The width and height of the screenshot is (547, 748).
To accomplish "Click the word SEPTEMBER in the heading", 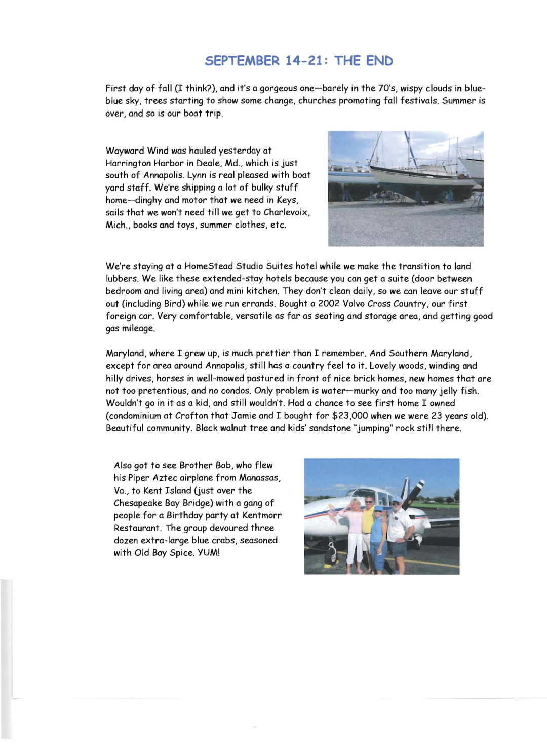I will point(242,61).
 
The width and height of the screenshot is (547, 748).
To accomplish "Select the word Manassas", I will point(259,478).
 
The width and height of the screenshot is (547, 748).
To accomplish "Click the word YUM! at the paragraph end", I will point(209,553).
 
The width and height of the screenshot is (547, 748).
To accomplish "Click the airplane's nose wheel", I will point(334,558).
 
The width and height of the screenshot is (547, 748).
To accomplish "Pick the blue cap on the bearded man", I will point(396,500).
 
